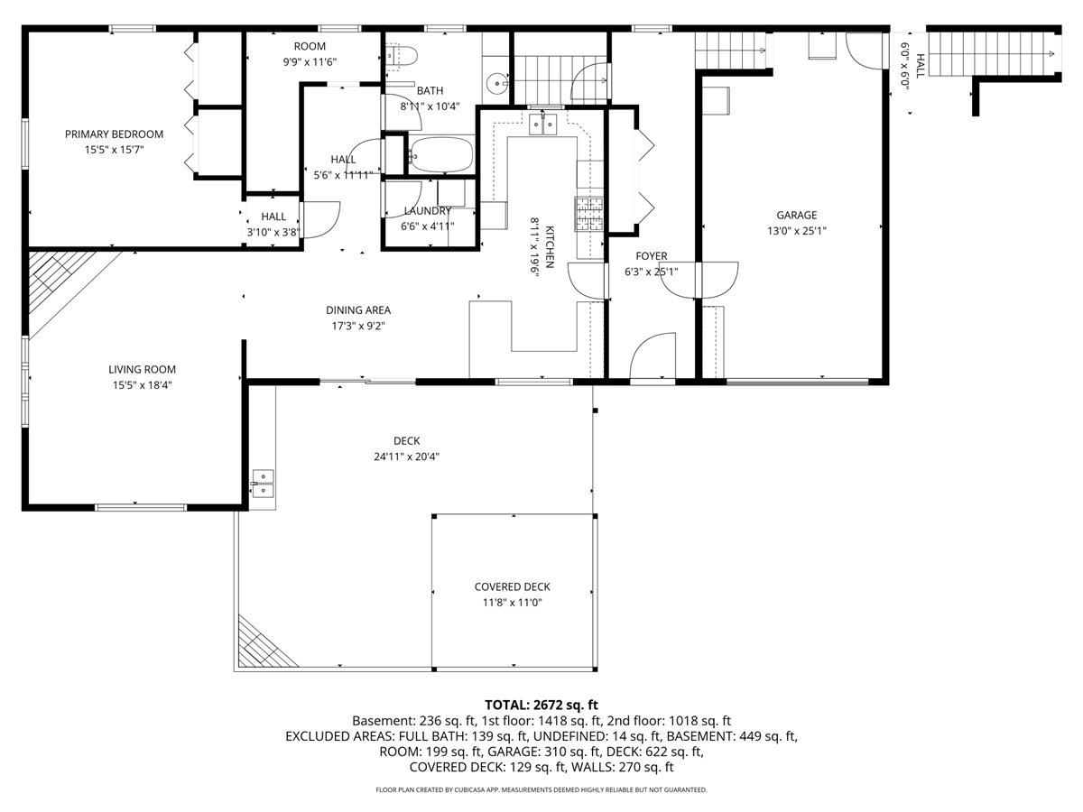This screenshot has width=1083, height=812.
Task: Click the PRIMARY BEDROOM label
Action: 114,134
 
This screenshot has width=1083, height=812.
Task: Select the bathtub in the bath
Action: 440,154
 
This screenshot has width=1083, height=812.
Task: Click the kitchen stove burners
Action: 588,215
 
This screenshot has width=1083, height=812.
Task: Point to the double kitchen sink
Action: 542,124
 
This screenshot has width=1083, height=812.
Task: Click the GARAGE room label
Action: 796,215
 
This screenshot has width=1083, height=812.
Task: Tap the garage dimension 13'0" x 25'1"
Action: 796,230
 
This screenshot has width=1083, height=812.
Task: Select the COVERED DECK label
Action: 512,586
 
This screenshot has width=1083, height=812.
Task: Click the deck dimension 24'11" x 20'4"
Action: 406,456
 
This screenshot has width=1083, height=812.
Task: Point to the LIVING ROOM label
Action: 142,369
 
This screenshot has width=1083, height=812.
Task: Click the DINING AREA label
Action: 358,310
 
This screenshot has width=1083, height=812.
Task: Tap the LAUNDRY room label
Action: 427,211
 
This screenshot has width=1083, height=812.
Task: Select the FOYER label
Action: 651,256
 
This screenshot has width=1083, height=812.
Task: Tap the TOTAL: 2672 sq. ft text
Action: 541,705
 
